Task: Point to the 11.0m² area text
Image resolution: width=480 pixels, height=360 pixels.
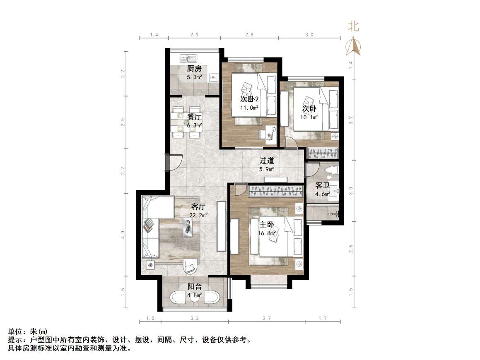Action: click(249, 108)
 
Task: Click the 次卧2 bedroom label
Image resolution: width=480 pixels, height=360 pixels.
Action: click(249, 99)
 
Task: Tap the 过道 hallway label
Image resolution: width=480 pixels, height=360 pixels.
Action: click(267, 161)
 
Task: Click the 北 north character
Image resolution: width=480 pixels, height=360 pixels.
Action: click(353, 27)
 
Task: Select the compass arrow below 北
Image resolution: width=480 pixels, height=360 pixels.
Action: click(353, 46)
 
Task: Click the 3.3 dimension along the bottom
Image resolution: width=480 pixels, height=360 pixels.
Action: click(195, 318)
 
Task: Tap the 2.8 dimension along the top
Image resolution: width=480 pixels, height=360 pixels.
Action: click(249, 35)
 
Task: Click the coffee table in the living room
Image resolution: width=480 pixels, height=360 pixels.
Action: click(188, 227)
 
